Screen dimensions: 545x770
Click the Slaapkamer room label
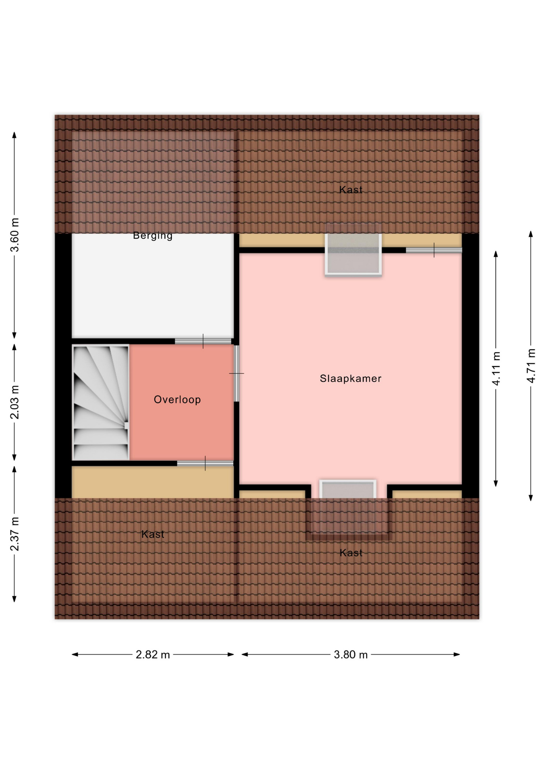pyautogui.click(x=350, y=379)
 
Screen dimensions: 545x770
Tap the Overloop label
pyautogui.click(x=177, y=399)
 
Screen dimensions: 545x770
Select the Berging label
pyautogui.click(x=153, y=235)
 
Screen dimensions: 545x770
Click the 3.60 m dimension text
pyautogui.click(x=15, y=235)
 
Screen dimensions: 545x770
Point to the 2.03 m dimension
pyautogui.click(x=15, y=402)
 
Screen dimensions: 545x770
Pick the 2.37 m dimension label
pyautogui.click(x=15, y=534)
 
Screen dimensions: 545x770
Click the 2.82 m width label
pyautogui.click(x=153, y=655)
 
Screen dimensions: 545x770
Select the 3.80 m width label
pyautogui.click(x=351, y=655)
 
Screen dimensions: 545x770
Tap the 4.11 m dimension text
pyautogui.click(x=496, y=369)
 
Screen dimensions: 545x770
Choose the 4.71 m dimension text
pyautogui.click(x=531, y=366)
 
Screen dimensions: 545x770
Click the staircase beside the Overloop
pyautogui.click(x=100, y=402)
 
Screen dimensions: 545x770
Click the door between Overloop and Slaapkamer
pyautogui.click(x=236, y=373)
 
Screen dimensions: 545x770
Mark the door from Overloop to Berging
pyautogui.click(x=203, y=341)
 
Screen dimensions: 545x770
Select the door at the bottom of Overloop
pyautogui.click(x=205, y=463)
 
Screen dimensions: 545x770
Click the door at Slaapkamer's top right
pyautogui.click(x=434, y=250)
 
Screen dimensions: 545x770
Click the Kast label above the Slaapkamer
pyautogui.click(x=351, y=190)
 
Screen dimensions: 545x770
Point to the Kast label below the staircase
pyautogui.click(x=153, y=534)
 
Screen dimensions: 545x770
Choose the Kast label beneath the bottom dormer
pyautogui.click(x=351, y=553)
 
